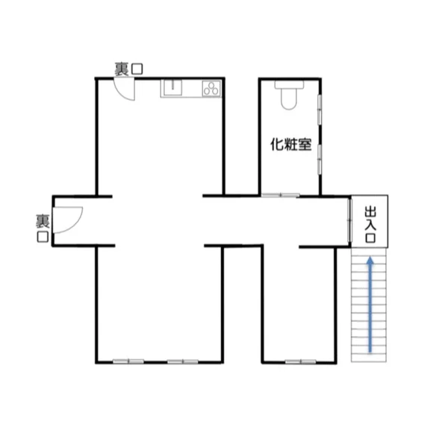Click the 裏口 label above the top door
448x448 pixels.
pyautogui.click(x=128, y=69)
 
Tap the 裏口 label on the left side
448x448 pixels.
pyautogui.click(x=43, y=228)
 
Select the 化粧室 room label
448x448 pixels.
pyautogui.click(x=290, y=145)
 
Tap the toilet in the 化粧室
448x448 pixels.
pyautogui.click(x=288, y=97)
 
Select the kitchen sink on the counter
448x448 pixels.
pyautogui.click(x=172, y=88)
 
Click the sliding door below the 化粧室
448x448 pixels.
pyautogui.click(x=280, y=196)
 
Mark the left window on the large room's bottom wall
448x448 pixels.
pyautogui.click(x=128, y=362)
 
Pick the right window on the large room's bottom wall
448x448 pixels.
pyautogui.click(x=184, y=362)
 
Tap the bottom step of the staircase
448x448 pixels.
pyautogui.click(x=369, y=357)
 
